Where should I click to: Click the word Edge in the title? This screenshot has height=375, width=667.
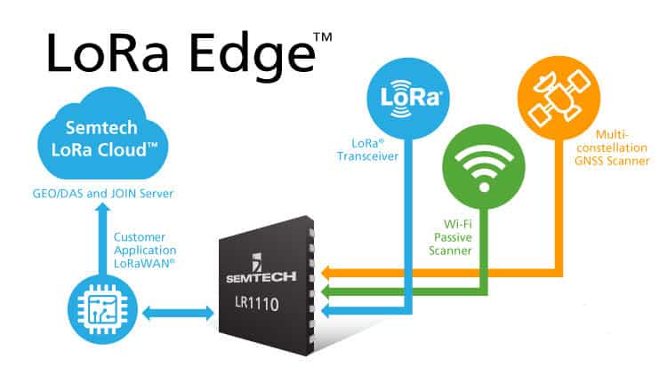click(253, 56)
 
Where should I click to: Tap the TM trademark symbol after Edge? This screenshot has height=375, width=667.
click(323, 37)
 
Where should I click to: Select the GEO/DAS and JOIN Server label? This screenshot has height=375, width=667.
click(103, 194)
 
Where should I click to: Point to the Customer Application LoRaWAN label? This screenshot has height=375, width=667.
click(145, 250)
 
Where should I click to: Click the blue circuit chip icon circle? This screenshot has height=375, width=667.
click(102, 309)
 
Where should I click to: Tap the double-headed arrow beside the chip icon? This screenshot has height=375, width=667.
click(178, 314)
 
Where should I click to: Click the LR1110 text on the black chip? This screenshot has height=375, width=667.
click(257, 304)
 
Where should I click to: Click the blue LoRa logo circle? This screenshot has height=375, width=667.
click(408, 99)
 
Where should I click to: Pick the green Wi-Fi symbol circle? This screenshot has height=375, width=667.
click(484, 167)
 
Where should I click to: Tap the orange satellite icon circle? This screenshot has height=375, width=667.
click(559, 98)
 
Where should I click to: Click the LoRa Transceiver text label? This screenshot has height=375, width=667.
click(367, 150)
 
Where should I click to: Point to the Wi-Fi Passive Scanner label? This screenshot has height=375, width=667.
click(450, 237)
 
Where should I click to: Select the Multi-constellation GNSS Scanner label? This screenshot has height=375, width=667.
click(612, 148)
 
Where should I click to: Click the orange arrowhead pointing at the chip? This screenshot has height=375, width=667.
click(326, 273)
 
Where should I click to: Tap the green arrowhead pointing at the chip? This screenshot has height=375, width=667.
click(326, 291)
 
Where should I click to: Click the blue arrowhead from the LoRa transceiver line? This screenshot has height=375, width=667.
click(326, 311)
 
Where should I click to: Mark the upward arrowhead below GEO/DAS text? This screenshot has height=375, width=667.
click(102, 208)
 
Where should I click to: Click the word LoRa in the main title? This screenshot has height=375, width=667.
click(108, 53)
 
